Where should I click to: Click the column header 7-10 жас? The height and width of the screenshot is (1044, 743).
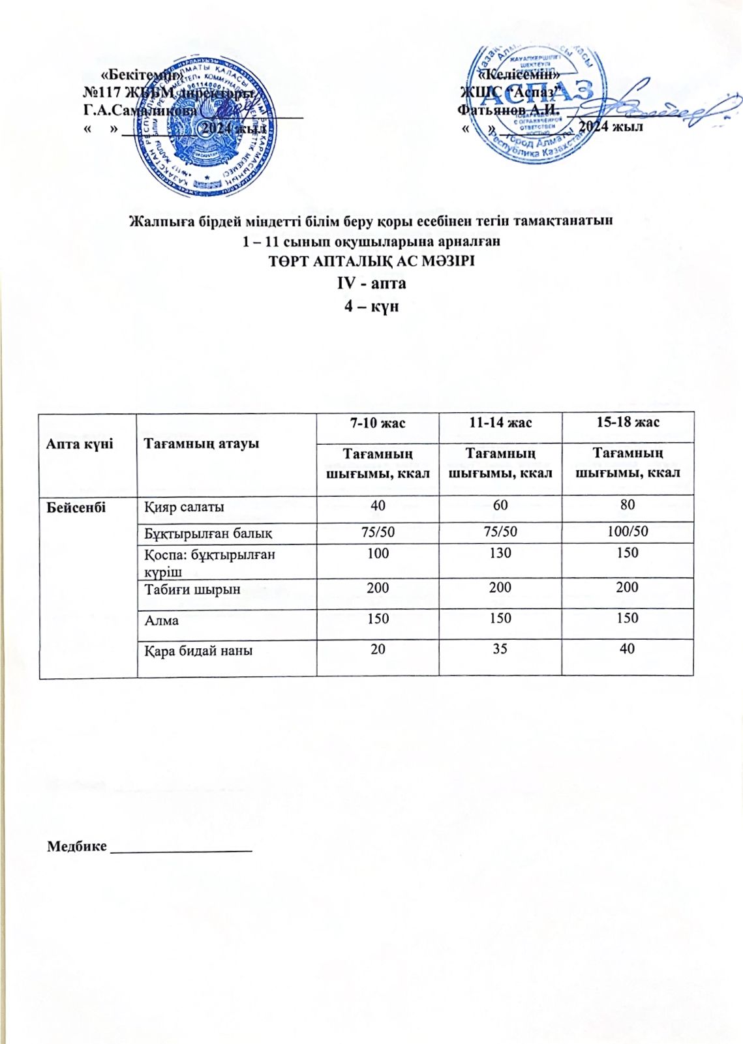(378, 423)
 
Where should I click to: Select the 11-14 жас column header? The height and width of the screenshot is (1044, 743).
(500, 423)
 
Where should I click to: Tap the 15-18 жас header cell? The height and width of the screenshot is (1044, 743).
(628, 423)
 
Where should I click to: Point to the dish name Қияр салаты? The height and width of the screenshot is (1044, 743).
(185, 507)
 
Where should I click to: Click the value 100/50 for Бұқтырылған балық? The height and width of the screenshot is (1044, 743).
(628, 531)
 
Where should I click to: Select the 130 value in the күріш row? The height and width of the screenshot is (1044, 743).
(500, 553)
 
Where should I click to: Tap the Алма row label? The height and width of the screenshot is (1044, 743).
(162, 621)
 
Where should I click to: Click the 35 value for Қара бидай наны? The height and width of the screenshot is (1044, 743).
(500, 649)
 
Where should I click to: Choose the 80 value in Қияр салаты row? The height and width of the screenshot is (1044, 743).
(628, 505)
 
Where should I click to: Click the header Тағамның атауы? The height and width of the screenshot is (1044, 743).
(202, 443)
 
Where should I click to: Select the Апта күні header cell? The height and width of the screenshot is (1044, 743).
(79, 443)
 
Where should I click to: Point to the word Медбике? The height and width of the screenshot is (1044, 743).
(77, 846)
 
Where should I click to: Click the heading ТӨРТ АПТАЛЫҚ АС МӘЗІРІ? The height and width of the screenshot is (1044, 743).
(372, 261)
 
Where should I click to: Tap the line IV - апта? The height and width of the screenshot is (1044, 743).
(371, 283)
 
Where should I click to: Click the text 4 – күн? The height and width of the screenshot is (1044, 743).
(371, 306)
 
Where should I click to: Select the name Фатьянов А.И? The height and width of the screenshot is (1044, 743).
(509, 109)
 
